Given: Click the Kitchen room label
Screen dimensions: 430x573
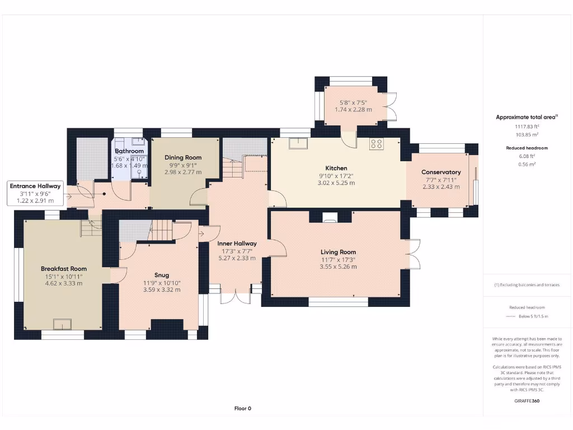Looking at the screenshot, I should [x=336, y=168].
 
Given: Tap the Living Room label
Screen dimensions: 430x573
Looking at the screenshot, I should [x=338, y=252].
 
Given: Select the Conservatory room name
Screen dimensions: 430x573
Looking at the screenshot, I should [x=441, y=172].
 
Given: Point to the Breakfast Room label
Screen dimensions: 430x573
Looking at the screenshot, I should [x=64, y=269].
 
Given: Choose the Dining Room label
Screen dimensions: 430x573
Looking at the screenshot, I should [x=183, y=158].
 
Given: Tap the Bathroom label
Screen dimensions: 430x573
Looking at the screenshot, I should [x=129, y=151].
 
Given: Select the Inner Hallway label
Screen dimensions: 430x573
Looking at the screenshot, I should [x=237, y=244].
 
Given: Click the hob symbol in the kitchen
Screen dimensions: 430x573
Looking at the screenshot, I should [x=376, y=144].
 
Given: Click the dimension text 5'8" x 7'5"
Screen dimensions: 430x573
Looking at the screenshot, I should [x=353, y=102].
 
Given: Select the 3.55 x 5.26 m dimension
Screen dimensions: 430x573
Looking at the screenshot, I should [x=338, y=267].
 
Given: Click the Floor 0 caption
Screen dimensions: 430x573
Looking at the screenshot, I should [x=242, y=409].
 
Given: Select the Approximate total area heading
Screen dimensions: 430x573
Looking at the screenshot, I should [x=527, y=117].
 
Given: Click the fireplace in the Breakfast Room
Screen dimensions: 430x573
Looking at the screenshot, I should [x=63, y=324].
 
